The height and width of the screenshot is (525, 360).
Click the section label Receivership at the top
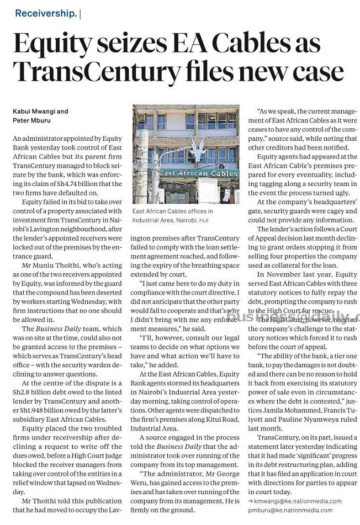46,13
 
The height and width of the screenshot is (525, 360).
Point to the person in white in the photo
226,193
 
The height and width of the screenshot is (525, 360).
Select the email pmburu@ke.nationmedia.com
295,510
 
